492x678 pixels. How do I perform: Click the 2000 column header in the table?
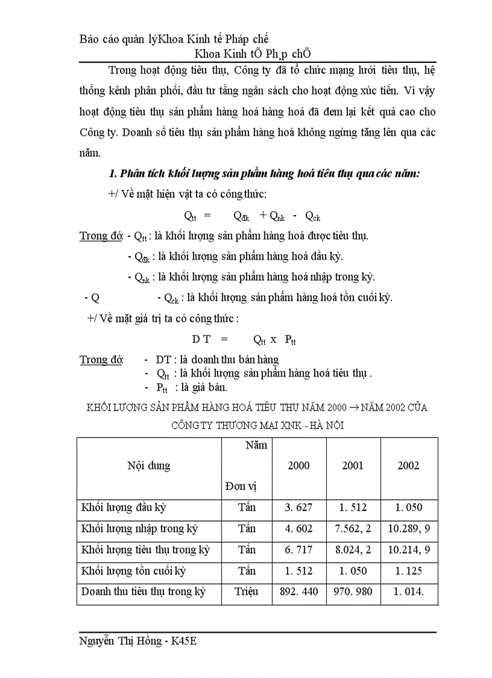pyautogui.click(x=299, y=465)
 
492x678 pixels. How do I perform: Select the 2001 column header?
pyautogui.click(x=353, y=465)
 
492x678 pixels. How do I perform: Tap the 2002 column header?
pyautogui.click(x=408, y=465)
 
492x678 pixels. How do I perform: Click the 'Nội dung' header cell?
pyautogui.click(x=149, y=465)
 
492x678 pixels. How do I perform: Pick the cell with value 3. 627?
pyautogui.click(x=299, y=508)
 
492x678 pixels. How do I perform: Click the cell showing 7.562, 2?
pyautogui.click(x=353, y=529)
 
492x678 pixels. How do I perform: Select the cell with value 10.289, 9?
pyautogui.click(x=409, y=529)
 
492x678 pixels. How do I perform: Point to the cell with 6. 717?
pyautogui.click(x=299, y=550)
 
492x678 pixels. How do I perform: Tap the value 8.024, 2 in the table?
pyautogui.click(x=353, y=550)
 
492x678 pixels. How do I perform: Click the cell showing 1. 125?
pyautogui.click(x=408, y=571)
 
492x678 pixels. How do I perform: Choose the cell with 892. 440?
pyautogui.click(x=299, y=592)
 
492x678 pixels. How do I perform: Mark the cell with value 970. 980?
pyautogui.click(x=353, y=592)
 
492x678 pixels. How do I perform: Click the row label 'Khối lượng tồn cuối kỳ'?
pyautogui.click(x=134, y=571)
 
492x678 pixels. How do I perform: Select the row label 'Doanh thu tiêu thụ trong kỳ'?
pyautogui.click(x=143, y=592)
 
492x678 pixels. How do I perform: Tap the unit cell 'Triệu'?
pyautogui.click(x=247, y=592)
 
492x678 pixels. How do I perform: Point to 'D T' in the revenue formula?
pyautogui.click(x=201, y=340)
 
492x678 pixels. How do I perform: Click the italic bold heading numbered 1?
pyautogui.click(x=263, y=174)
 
